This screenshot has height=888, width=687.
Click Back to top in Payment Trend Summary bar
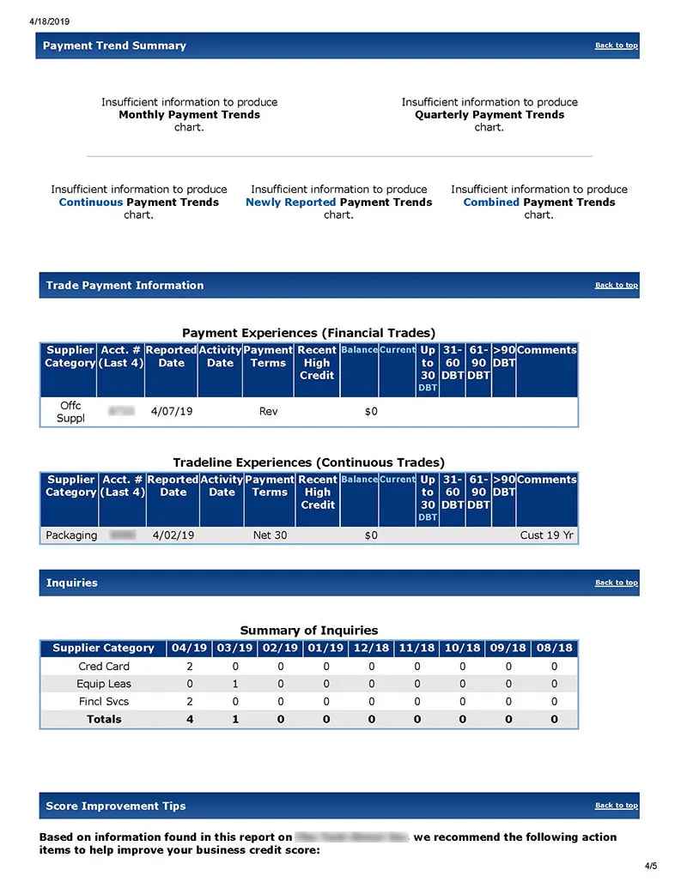click(616, 45)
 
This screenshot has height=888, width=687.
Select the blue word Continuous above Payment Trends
click(90, 202)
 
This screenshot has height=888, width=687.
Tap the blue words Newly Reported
click(290, 202)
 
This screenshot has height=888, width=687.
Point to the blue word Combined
click(491, 202)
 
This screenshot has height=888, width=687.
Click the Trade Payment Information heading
click(125, 286)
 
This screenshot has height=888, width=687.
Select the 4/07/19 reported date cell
click(172, 412)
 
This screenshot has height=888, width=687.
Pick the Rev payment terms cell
click(268, 412)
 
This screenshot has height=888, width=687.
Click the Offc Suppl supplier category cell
click(70, 412)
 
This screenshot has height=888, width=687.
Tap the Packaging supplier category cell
click(71, 535)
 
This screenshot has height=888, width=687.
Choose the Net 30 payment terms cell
click(270, 535)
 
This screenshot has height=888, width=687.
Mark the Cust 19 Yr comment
click(546, 535)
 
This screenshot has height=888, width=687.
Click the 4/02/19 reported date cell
click(173, 535)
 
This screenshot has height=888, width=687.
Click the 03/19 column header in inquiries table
click(235, 648)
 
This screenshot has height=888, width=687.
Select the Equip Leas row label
click(103, 684)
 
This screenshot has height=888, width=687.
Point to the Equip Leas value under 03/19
click(235, 684)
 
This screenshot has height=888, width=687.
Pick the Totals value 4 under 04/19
click(190, 719)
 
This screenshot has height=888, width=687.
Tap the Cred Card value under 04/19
click(190, 667)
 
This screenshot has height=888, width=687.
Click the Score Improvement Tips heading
click(115, 806)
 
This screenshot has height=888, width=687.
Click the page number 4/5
click(650, 866)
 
